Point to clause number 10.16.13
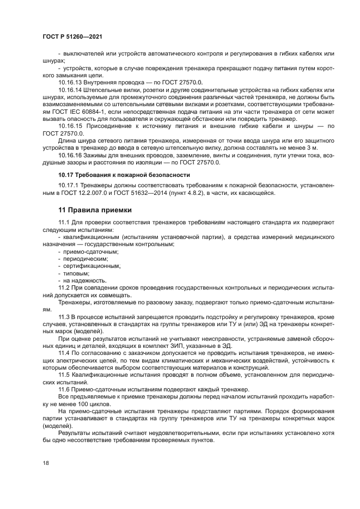pyautogui.click(x=71, y=82)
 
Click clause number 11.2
pyautogui.click(x=64, y=287)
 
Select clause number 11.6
pyautogui.click(x=64, y=390)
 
